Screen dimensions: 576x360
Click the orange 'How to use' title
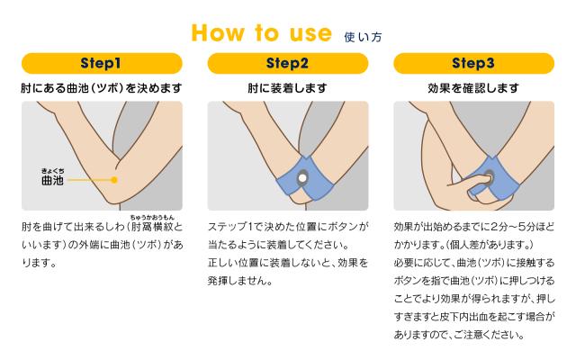262,33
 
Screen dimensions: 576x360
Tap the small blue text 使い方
363,37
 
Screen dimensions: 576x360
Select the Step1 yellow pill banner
102,63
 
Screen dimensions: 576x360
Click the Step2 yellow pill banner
288,63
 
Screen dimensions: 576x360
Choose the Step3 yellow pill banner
473,63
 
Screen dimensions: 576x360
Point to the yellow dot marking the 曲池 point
114,180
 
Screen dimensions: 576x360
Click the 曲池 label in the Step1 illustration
52,180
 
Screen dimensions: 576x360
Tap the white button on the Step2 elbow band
302,178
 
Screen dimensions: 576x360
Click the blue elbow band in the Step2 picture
304,179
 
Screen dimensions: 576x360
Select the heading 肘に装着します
287,88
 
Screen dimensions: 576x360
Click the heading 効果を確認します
473,88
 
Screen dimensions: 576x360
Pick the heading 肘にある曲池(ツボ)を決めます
102,88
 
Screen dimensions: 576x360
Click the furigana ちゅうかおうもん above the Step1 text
152,218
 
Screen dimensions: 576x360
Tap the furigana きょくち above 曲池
52,171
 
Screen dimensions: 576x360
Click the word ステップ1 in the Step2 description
230,227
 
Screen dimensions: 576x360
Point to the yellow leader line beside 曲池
90,180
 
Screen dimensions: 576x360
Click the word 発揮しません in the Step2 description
240,281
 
